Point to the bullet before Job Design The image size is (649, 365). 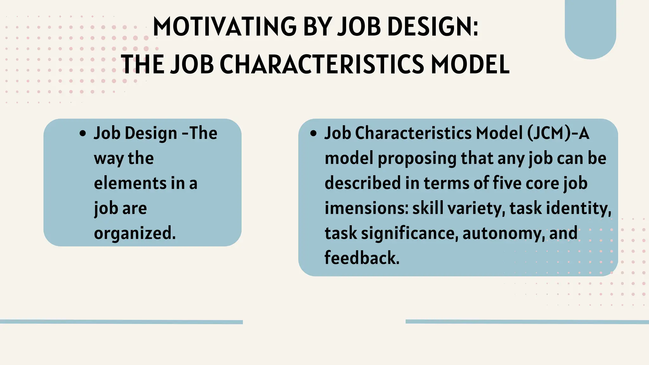pyautogui.click(x=83, y=134)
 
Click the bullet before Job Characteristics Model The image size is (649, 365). pyautogui.click(x=313, y=134)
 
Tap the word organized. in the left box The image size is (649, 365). pyautogui.click(x=135, y=234)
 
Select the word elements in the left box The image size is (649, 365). pyautogui.click(x=130, y=183)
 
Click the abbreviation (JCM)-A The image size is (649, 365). pyautogui.click(x=558, y=133)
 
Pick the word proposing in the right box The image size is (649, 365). pyautogui.click(x=417, y=158)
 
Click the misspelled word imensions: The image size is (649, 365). pyautogui.click(x=366, y=208)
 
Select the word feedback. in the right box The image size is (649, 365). pyautogui.click(x=362, y=258)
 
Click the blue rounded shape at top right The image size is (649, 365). pyautogui.click(x=590, y=29)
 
